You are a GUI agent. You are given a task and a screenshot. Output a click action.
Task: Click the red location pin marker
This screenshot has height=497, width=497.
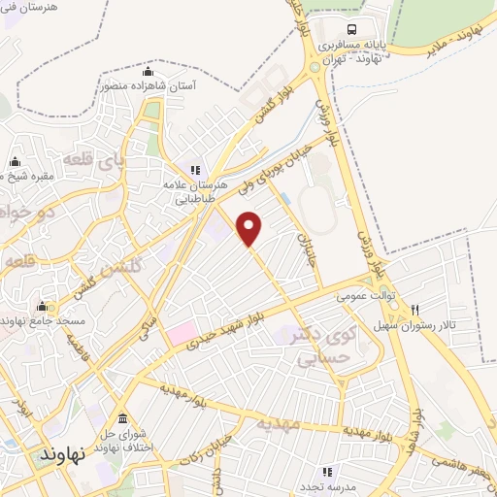coord(250,227)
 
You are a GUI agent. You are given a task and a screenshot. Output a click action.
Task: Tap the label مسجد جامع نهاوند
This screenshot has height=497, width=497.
coord(45,319)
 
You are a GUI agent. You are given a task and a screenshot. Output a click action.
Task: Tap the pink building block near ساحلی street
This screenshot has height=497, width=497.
coord(180,336)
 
